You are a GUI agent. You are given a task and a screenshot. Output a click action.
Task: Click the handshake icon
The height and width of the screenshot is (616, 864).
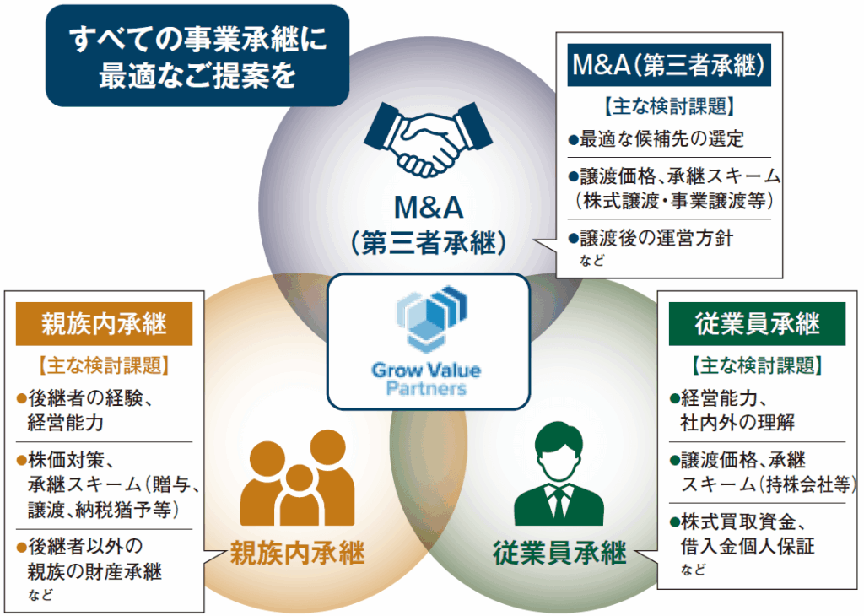pos(428,138)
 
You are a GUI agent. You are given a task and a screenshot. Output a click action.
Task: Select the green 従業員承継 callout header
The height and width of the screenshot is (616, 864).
pos(757,324)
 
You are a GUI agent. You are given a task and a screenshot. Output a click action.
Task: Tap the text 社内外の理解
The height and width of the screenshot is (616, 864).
pos(737,420)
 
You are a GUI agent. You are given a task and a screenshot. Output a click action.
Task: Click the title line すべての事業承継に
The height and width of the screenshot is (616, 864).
pos(197,40)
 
